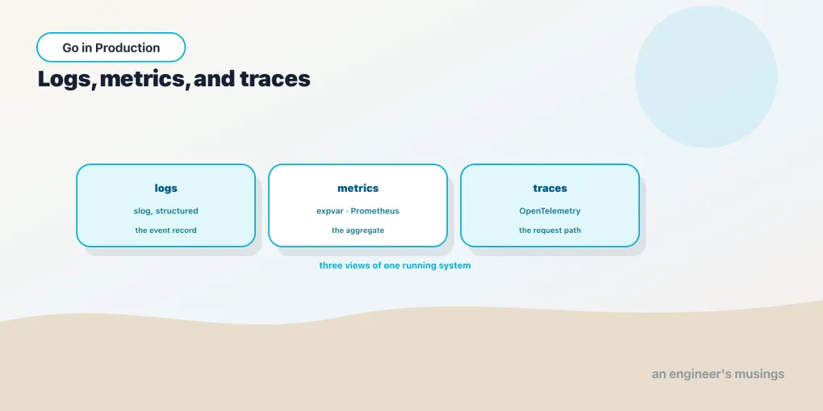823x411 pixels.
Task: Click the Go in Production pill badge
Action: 111,48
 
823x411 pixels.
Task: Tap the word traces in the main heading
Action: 275,79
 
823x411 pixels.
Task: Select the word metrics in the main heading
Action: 144,79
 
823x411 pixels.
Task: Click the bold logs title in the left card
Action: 166,189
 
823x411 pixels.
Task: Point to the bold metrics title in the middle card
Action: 358,189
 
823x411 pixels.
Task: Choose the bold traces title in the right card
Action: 550,189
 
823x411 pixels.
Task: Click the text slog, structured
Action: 166,211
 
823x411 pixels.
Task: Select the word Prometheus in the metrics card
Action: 374,211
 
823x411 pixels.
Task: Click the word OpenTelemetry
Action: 550,211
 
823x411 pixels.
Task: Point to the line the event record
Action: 166,230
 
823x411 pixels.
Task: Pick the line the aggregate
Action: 358,230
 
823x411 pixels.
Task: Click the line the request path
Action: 550,230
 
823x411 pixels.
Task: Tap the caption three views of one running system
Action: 395,265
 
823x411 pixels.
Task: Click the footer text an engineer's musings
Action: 718,374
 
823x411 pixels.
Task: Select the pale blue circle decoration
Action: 707,77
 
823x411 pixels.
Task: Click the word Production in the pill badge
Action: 127,48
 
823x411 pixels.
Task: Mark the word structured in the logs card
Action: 177,211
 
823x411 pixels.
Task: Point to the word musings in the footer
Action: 759,374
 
